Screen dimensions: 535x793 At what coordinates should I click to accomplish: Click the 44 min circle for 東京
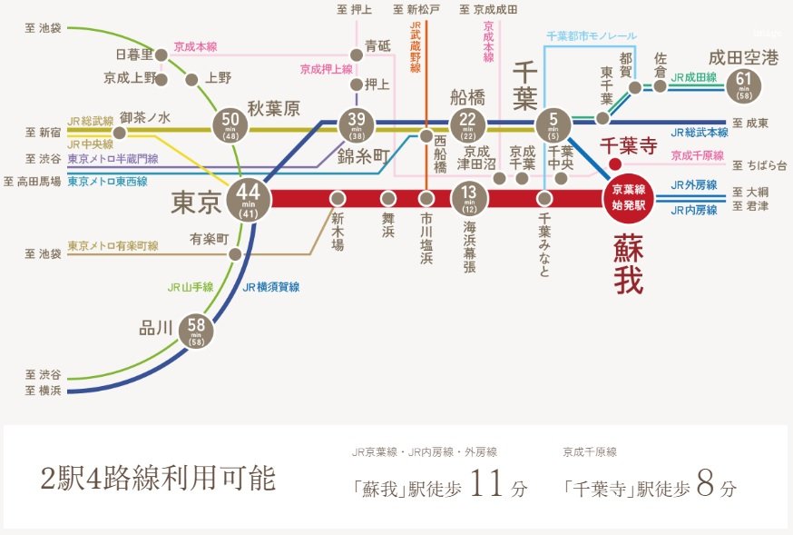click(248, 198)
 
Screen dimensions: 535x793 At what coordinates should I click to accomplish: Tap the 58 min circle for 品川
click(198, 332)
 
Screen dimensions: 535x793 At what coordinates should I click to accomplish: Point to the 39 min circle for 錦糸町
click(356, 124)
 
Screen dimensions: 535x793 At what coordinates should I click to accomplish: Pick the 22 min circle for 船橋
click(468, 124)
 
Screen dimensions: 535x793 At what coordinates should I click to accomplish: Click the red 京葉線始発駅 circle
click(627, 197)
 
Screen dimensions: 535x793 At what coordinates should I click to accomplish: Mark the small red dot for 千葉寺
click(614, 164)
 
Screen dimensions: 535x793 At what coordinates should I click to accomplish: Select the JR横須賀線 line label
click(271, 287)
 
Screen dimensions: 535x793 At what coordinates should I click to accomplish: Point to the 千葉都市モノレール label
click(591, 35)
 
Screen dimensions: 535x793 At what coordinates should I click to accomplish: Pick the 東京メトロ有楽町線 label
click(113, 246)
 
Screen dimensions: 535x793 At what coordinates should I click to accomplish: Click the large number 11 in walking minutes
click(485, 483)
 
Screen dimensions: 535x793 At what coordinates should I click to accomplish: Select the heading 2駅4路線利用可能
click(158, 480)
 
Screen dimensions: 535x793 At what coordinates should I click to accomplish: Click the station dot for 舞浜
click(388, 197)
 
